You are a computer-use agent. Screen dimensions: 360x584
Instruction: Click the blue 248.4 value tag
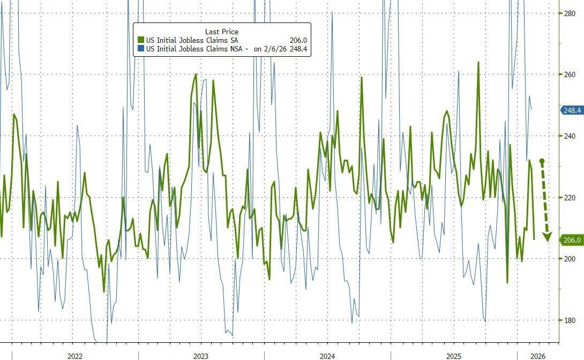[x=572, y=110]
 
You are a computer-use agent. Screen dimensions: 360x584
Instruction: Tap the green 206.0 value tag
[x=572, y=240]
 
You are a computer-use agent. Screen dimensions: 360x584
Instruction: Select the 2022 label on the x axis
[x=75, y=356]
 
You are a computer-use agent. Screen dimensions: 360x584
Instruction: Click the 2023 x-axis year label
[x=201, y=356]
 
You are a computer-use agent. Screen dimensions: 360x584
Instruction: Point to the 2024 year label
[x=327, y=356]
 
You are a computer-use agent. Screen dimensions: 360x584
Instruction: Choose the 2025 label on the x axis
[x=454, y=356]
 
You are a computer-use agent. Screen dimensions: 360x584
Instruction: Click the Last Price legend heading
[x=222, y=32]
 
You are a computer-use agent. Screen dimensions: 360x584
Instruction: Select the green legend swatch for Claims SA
[x=141, y=40]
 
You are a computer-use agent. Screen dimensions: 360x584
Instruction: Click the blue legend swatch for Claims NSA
[x=141, y=49]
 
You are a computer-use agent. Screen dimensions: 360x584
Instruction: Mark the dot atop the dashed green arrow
[x=542, y=161]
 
